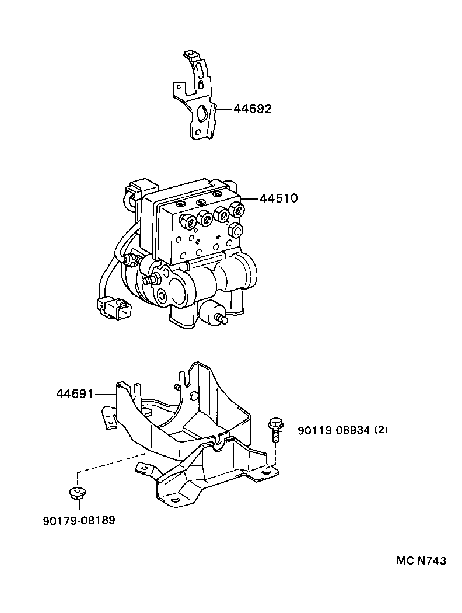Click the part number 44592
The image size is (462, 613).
point(253,109)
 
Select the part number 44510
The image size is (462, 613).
point(279,198)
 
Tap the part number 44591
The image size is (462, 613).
point(75,394)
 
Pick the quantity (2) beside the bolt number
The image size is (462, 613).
point(381,431)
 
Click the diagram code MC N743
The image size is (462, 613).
point(421,560)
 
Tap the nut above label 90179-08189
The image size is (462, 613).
point(75,493)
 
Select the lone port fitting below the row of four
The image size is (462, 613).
point(235,229)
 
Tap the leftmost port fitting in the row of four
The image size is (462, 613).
point(187,222)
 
